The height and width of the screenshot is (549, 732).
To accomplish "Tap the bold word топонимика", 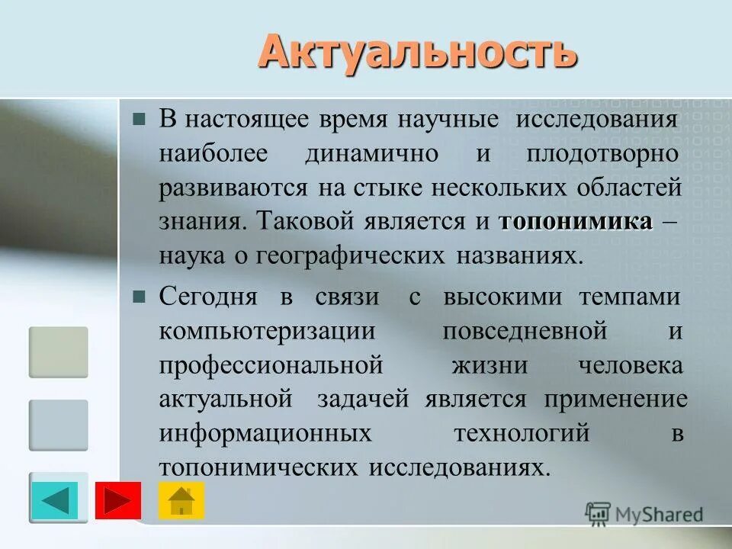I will (576, 222).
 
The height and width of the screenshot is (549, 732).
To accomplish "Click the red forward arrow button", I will (117, 501).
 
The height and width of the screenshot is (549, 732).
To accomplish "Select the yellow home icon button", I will (181, 501).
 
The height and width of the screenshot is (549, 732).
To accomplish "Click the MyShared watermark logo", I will (644, 515).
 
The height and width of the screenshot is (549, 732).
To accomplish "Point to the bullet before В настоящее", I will (139, 119).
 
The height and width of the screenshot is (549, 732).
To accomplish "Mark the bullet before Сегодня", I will (139, 297).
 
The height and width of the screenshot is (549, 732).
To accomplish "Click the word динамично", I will (371, 153).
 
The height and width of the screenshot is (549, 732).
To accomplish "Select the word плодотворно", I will (602, 153).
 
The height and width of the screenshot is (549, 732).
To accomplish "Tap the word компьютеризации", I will (267, 332).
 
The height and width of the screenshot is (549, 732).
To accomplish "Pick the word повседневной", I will (524, 332).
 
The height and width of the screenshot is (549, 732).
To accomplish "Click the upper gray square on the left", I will (59, 352).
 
